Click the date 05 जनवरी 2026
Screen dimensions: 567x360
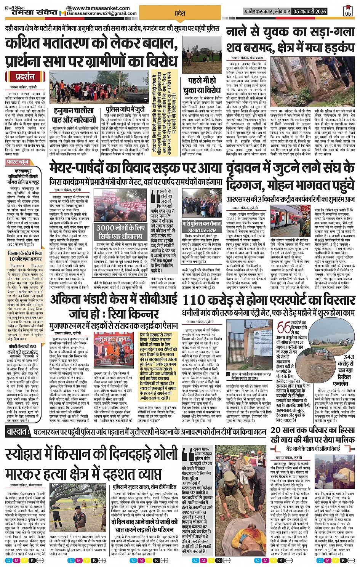(310, 11)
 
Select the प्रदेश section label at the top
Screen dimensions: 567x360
(179, 13)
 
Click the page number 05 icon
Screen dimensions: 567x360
(348, 11)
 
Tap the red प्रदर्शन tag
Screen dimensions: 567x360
(25, 77)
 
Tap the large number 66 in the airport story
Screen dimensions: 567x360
(284, 327)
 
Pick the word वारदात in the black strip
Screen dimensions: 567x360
(18, 432)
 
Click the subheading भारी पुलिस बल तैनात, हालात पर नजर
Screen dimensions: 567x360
(202, 227)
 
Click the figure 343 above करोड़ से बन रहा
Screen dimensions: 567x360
(349, 357)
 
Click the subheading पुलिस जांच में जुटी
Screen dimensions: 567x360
(125, 110)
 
